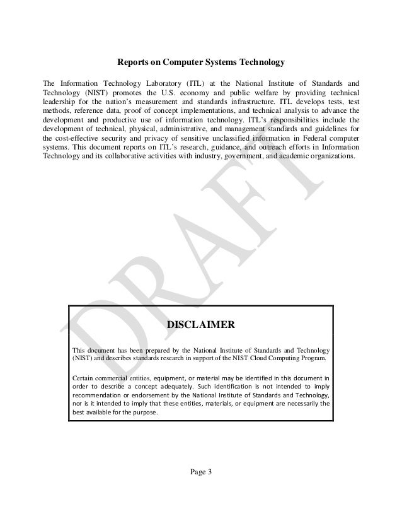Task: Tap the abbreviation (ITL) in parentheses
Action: coord(189,83)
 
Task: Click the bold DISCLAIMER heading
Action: coord(200,325)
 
